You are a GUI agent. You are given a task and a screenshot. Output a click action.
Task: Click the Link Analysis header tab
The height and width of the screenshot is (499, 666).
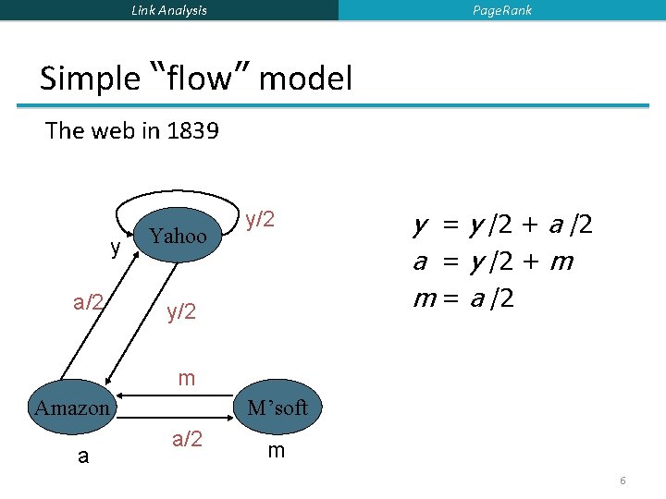(169, 10)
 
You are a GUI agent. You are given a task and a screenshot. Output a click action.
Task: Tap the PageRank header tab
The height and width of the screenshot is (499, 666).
(502, 10)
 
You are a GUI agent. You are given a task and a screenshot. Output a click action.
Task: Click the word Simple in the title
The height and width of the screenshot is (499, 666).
(89, 79)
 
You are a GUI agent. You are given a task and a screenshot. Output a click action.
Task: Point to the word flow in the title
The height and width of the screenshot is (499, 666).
(199, 79)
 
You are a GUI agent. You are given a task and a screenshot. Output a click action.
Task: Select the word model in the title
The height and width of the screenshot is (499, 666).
(306, 79)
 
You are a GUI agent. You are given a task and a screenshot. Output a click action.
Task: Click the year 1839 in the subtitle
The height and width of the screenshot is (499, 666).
(193, 130)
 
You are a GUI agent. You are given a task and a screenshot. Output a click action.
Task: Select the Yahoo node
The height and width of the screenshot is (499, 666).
(179, 236)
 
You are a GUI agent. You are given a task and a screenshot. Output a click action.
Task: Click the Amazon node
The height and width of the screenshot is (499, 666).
(72, 408)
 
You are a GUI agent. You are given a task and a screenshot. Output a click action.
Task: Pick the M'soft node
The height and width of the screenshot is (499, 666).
(277, 408)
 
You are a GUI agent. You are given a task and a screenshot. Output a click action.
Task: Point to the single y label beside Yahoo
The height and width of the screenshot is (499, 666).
(116, 249)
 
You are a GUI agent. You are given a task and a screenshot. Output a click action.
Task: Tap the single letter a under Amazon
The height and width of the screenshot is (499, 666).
(83, 456)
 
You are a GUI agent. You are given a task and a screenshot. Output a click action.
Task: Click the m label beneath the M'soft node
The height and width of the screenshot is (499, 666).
(276, 451)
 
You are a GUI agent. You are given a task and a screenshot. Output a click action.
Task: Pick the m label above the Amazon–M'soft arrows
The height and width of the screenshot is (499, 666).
(187, 378)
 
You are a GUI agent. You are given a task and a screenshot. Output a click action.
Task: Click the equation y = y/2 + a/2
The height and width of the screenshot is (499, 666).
(503, 225)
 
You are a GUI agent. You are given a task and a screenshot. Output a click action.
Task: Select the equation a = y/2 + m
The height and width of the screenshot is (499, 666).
(493, 262)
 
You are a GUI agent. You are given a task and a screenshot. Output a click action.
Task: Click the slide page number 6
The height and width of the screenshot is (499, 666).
(623, 481)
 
